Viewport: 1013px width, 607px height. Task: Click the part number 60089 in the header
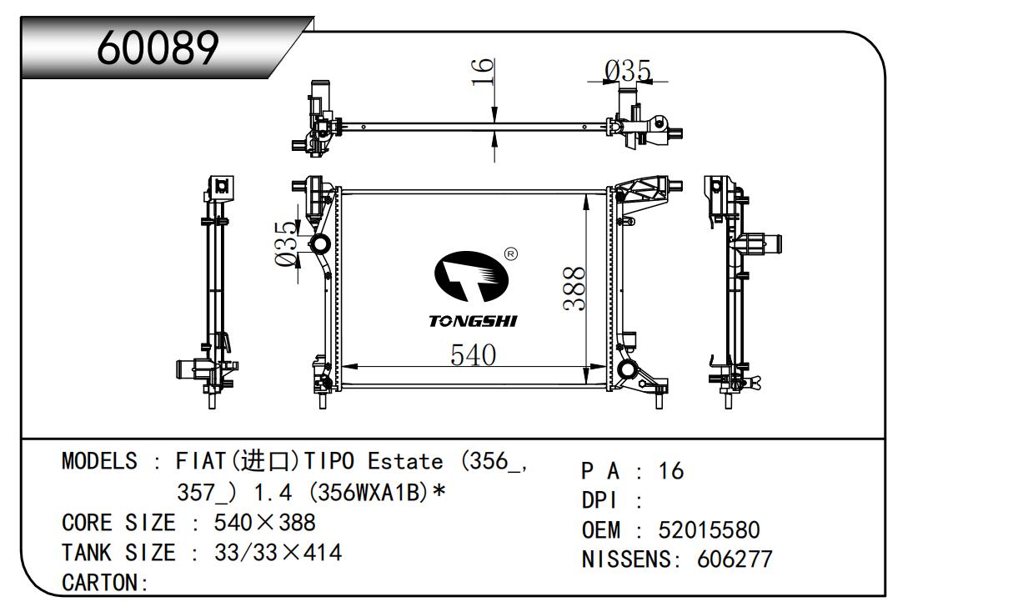point(158,48)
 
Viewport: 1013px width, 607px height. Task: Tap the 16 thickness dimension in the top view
point(482,72)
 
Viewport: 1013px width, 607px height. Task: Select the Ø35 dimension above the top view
point(628,71)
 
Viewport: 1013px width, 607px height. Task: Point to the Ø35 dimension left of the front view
point(287,244)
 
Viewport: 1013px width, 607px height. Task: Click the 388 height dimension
point(574,288)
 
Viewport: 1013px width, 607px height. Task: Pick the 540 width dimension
point(473,355)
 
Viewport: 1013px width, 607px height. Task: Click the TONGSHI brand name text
point(473,322)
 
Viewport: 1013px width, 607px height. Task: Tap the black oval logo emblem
point(471,276)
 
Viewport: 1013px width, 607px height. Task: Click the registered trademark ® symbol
point(511,254)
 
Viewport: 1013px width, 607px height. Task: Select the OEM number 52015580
point(709,530)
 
